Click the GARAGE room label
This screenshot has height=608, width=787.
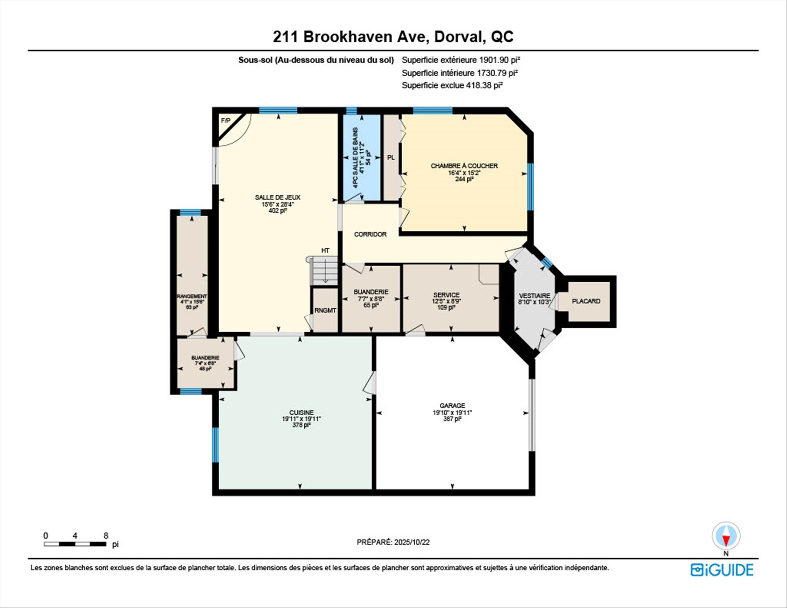(452, 405)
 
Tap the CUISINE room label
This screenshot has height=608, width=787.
(301, 412)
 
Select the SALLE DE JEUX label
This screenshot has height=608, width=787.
(277, 197)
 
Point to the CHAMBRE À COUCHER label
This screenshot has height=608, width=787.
(464, 166)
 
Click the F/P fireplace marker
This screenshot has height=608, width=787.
(225, 121)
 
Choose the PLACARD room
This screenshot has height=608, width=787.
(586, 301)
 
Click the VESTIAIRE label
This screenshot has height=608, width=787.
(534, 296)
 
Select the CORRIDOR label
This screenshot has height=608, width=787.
(370, 234)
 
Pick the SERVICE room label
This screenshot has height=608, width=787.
(446, 295)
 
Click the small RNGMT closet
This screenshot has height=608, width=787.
(325, 310)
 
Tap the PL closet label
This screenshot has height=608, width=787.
(391, 157)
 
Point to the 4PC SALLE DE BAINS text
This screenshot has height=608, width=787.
(355, 157)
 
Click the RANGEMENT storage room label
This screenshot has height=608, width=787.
(192, 296)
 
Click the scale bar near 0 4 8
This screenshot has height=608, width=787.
(75, 544)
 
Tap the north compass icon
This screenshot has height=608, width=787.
(726, 536)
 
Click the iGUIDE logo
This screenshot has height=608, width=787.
(722, 570)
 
